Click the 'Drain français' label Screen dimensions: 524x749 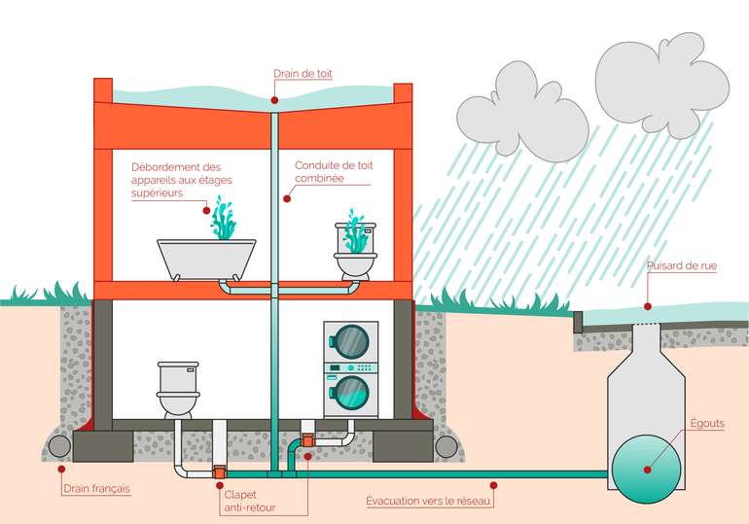click(x=96, y=490)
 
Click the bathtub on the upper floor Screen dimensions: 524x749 click(x=207, y=257)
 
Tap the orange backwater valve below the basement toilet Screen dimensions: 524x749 click(x=219, y=472)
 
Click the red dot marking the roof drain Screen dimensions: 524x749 click(x=275, y=98)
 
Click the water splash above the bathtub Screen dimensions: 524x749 click(x=225, y=220)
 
